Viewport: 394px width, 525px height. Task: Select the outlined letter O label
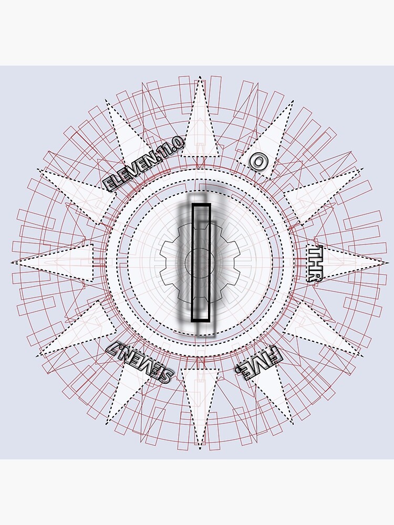(257, 161)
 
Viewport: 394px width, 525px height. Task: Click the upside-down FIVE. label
(258, 363)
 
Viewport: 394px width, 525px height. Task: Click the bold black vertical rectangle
(201, 262)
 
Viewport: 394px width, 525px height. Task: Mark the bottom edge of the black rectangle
(201, 320)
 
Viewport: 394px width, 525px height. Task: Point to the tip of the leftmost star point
(12, 262)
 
